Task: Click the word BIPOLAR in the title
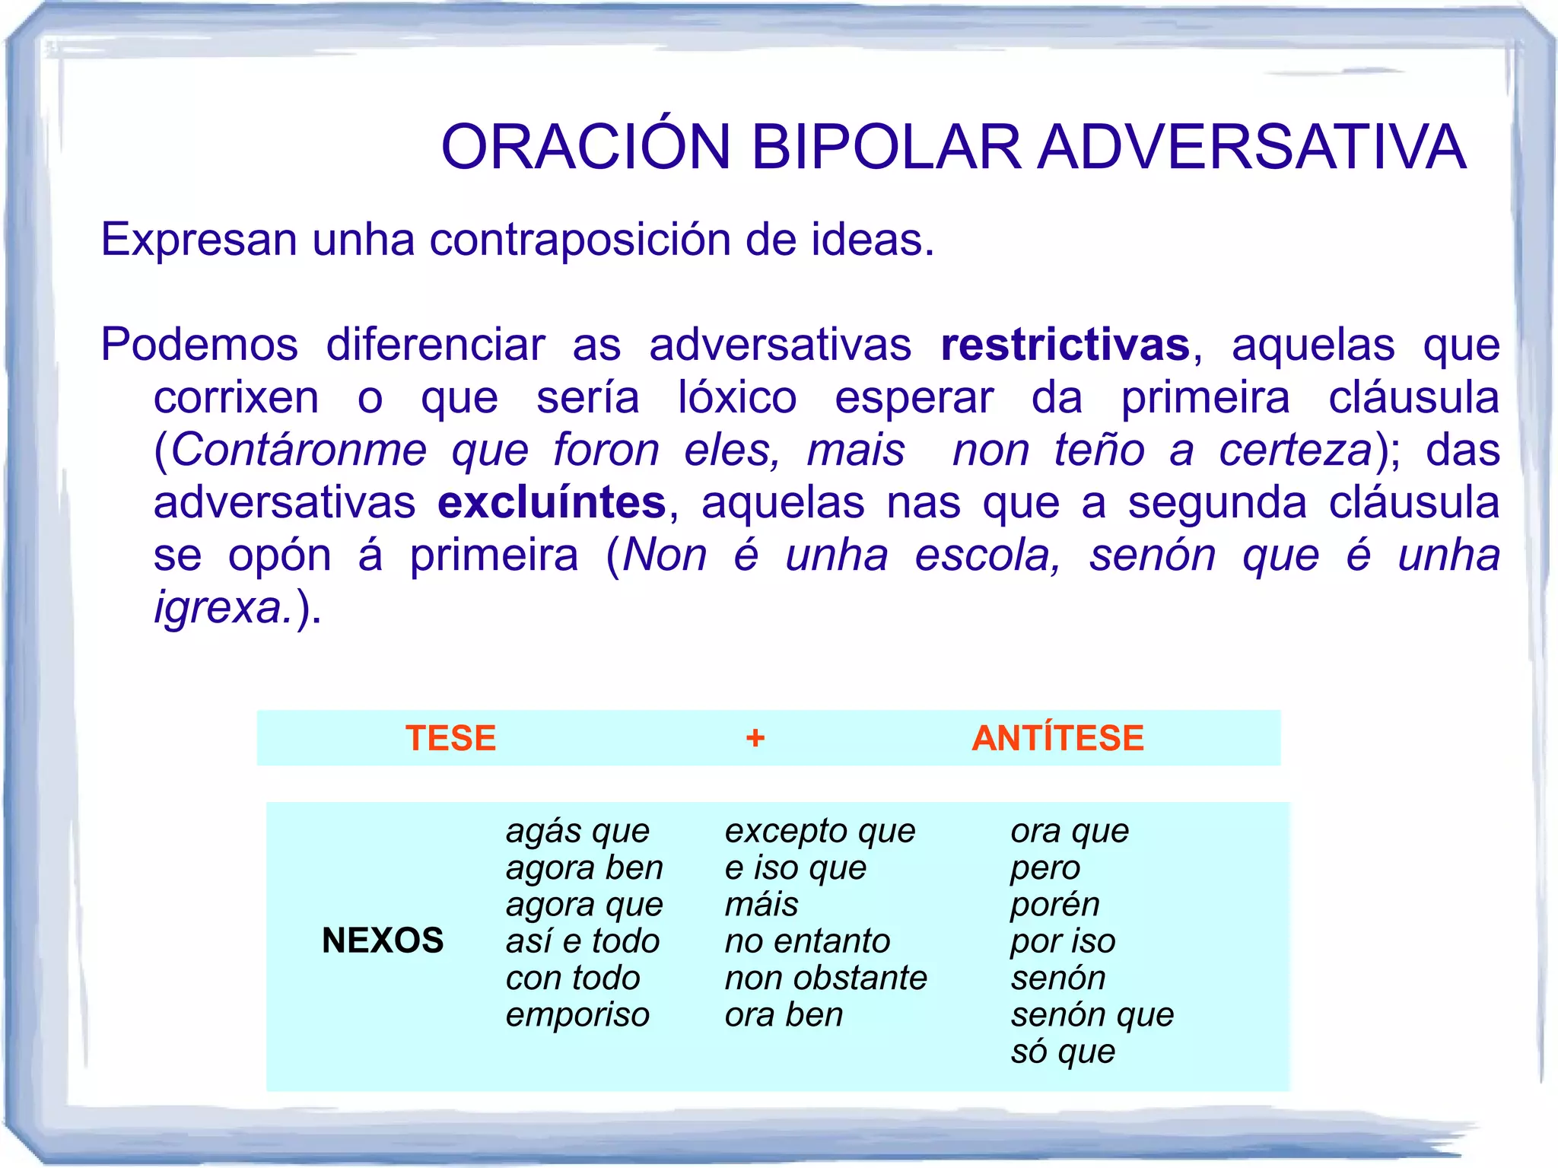886,147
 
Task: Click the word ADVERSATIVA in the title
1251,147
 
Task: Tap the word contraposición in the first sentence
583,240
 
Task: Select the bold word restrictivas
1065,345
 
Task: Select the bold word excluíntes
552,503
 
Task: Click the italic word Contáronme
299,450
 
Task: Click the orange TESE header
450,738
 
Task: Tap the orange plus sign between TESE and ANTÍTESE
755,738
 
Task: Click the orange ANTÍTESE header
1057,738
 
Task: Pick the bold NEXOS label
383,940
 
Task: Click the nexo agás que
577,832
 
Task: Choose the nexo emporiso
577,1015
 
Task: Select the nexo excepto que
819,832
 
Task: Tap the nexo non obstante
825,979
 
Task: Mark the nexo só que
1062,1052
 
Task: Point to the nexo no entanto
807,942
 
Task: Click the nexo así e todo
582,942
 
